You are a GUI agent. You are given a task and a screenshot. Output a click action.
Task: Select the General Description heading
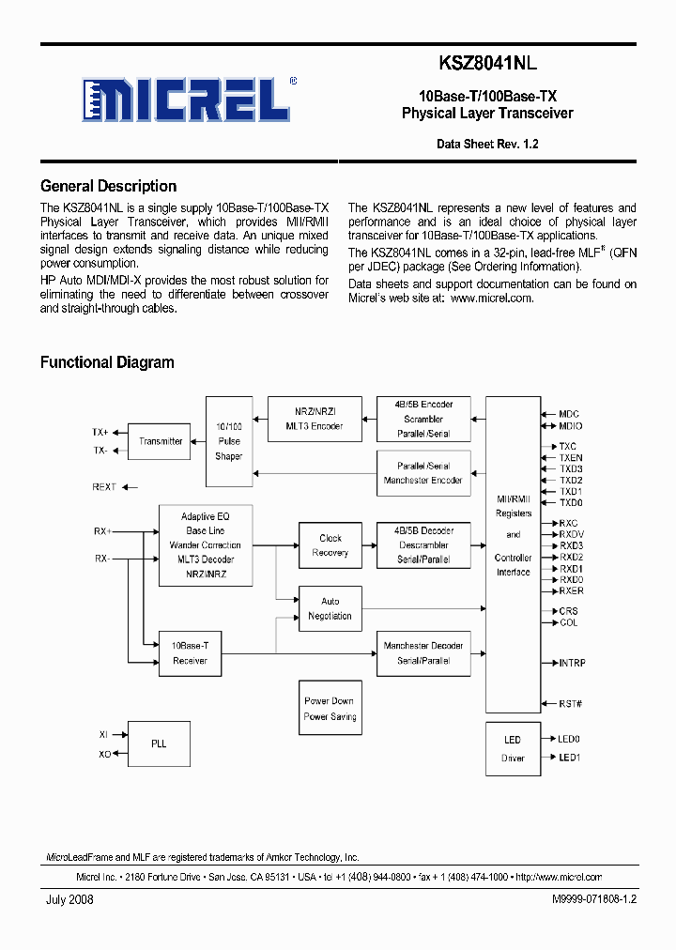click(108, 186)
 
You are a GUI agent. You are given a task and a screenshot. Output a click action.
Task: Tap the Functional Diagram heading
click(107, 362)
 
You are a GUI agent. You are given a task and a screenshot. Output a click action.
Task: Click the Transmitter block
click(161, 441)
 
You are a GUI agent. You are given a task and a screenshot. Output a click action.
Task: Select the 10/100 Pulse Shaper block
click(228, 441)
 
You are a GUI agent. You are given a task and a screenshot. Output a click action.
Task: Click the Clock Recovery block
click(330, 545)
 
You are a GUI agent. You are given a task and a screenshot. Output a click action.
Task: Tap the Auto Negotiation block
click(330, 608)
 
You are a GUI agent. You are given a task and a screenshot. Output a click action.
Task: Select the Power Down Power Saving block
click(330, 709)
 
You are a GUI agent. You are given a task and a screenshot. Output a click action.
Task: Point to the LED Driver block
click(513, 748)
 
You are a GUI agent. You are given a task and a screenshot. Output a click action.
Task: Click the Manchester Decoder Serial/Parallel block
click(423, 653)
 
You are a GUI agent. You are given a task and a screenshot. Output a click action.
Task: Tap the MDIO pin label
click(570, 425)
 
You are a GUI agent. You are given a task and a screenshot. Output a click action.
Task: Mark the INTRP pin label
click(572, 663)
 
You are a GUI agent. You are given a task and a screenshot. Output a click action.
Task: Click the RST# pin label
click(571, 704)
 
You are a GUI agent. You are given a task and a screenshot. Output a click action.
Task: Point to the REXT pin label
click(104, 487)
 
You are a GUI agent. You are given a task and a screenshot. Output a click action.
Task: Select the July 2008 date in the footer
click(69, 899)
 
